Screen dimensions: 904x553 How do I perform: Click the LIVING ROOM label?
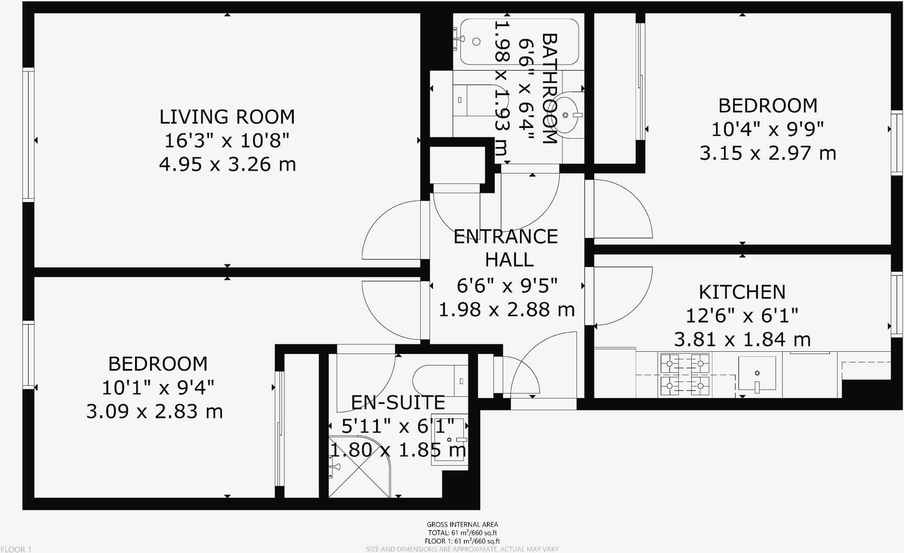click(227, 117)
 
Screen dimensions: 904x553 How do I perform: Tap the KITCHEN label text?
click(742, 292)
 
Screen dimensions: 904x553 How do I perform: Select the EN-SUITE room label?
click(398, 402)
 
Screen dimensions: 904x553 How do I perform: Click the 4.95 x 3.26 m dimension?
click(227, 164)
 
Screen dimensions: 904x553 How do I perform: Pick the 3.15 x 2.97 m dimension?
click(768, 153)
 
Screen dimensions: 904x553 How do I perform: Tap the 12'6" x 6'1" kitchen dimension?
click(742, 316)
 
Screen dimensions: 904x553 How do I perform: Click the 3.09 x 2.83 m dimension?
click(154, 411)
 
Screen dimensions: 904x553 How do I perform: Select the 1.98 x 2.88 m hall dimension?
click(507, 309)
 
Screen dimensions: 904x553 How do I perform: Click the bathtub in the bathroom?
click(519, 41)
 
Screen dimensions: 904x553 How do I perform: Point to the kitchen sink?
click(757, 373)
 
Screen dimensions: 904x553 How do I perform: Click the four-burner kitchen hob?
click(684, 374)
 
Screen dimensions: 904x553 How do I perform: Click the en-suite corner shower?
click(359, 467)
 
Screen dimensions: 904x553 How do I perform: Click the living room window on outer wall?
click(28, 135)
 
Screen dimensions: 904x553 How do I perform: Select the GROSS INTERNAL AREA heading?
click(462, 525)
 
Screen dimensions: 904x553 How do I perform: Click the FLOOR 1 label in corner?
click(16, 549)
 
